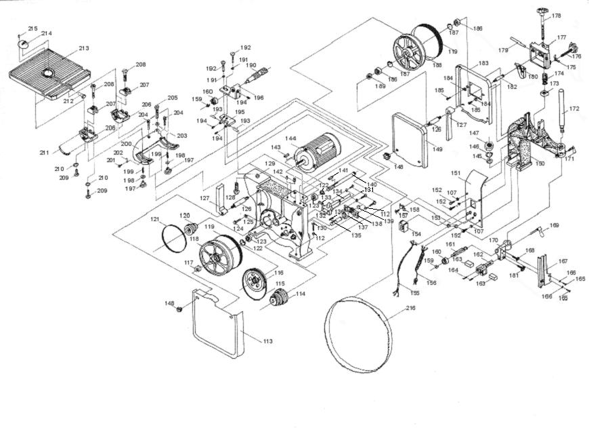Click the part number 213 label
pyautogui.click(x=84, y=48)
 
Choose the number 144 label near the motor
pyautogui.click(x=290, y=138)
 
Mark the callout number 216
pyautogui.click(x=411, y=309)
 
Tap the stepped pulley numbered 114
pyautogui.click(x=278, y=297)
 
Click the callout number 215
pyautogui.click(x=32, y=28)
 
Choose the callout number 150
pyautogui.click(x=540, y=163)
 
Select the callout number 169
pyautogui.click(x=554, y=225)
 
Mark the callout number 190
pyautogui.click(x=250, y=66)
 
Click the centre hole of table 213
pyautogui.click(x=48, y=73)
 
